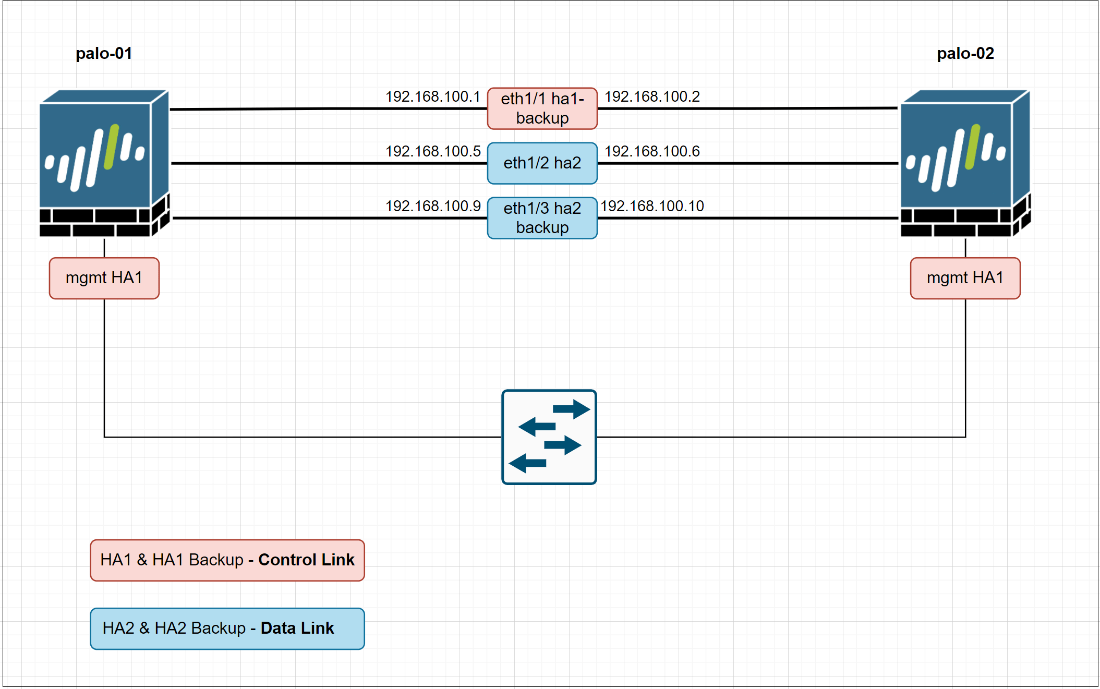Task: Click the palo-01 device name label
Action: [x=104, y=53]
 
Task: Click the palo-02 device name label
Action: [x=965, y=53]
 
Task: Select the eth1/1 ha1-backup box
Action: [x=542, y=108]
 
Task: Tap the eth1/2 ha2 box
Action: [x=542, y=163]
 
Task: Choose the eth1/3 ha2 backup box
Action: [x=542, y=218]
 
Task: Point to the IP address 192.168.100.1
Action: [x=432, y=96]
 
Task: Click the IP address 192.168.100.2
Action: [x=652, y=96]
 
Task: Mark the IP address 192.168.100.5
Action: [x=432, y=151]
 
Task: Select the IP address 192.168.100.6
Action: [x=652, y=151]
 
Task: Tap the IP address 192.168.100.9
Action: [x=432, y=206]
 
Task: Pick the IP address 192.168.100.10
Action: [x=652, y=206]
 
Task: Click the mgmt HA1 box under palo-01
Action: [x=104, y=278]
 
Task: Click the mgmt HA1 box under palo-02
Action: [x=965, y=278]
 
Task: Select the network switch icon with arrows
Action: [x=549, y=437]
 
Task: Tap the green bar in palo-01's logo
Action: [x=112, y=147]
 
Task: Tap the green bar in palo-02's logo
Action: [x=973, y=147]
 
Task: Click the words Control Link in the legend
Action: [x=306, y=560]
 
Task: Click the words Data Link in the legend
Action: [x=297, y=628]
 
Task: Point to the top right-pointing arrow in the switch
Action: [x=572, y=409]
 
